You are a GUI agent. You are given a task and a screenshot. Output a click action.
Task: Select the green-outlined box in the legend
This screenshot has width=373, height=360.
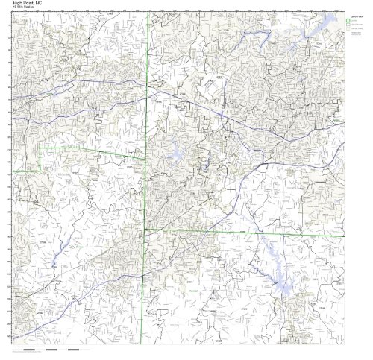pyautogui.click(x=348, y=20)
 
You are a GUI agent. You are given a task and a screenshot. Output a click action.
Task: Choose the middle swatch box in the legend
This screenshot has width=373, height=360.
pyautogui.click(x=348, y=26)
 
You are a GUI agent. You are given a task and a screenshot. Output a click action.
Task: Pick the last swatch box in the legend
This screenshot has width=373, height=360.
pyautogui.click(x=348, y=32)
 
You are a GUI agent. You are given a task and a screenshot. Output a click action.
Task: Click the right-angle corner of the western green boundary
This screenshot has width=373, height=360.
pyautogui.click(x=40, y=148)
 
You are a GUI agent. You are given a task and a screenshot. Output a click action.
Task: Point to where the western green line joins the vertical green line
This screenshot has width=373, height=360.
pyautogui.click(x=146, y=157)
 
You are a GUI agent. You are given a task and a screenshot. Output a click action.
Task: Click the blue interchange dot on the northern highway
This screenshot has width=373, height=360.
pyautogui.click(x=222, y=114)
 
